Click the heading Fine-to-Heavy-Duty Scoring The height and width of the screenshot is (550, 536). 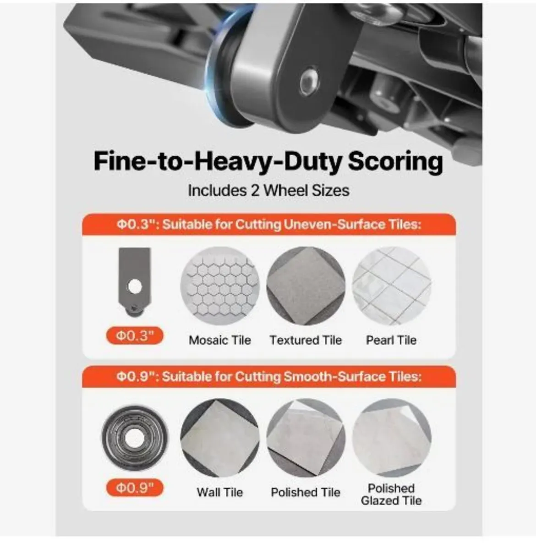[x=268, y=162]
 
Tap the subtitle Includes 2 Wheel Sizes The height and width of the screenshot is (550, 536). [x=269, y=191]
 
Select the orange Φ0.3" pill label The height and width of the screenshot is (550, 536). [x=135, y=335]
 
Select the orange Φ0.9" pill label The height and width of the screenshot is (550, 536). [x=135, y=488]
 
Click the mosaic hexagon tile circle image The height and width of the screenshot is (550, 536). [x=220, y=286]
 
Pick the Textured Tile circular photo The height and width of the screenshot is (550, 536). [x=306, y=286]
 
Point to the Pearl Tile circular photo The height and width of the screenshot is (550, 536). [x=392, y=286]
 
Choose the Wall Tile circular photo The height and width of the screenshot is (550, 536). [x=220, y=438]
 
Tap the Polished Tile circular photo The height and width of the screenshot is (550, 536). [x=306, y=438]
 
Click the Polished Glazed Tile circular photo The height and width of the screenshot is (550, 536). [x=392, y=438]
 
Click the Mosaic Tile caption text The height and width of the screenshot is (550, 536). [x=220, y=340]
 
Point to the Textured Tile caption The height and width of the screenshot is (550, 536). [x=306, y=340]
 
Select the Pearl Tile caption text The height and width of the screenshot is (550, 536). [x=391, y=340]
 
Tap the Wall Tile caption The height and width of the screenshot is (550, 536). [x=220, y=492]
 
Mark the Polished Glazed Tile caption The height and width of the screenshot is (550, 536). [x=391, y=495]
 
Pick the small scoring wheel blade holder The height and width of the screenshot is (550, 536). [x=135, y=282]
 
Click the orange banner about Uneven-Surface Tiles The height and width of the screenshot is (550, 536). [x=269, y=225]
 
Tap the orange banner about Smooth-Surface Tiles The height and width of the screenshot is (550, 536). [x=269, y=377]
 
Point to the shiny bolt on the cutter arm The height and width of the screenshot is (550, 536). [x=309, y=82]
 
